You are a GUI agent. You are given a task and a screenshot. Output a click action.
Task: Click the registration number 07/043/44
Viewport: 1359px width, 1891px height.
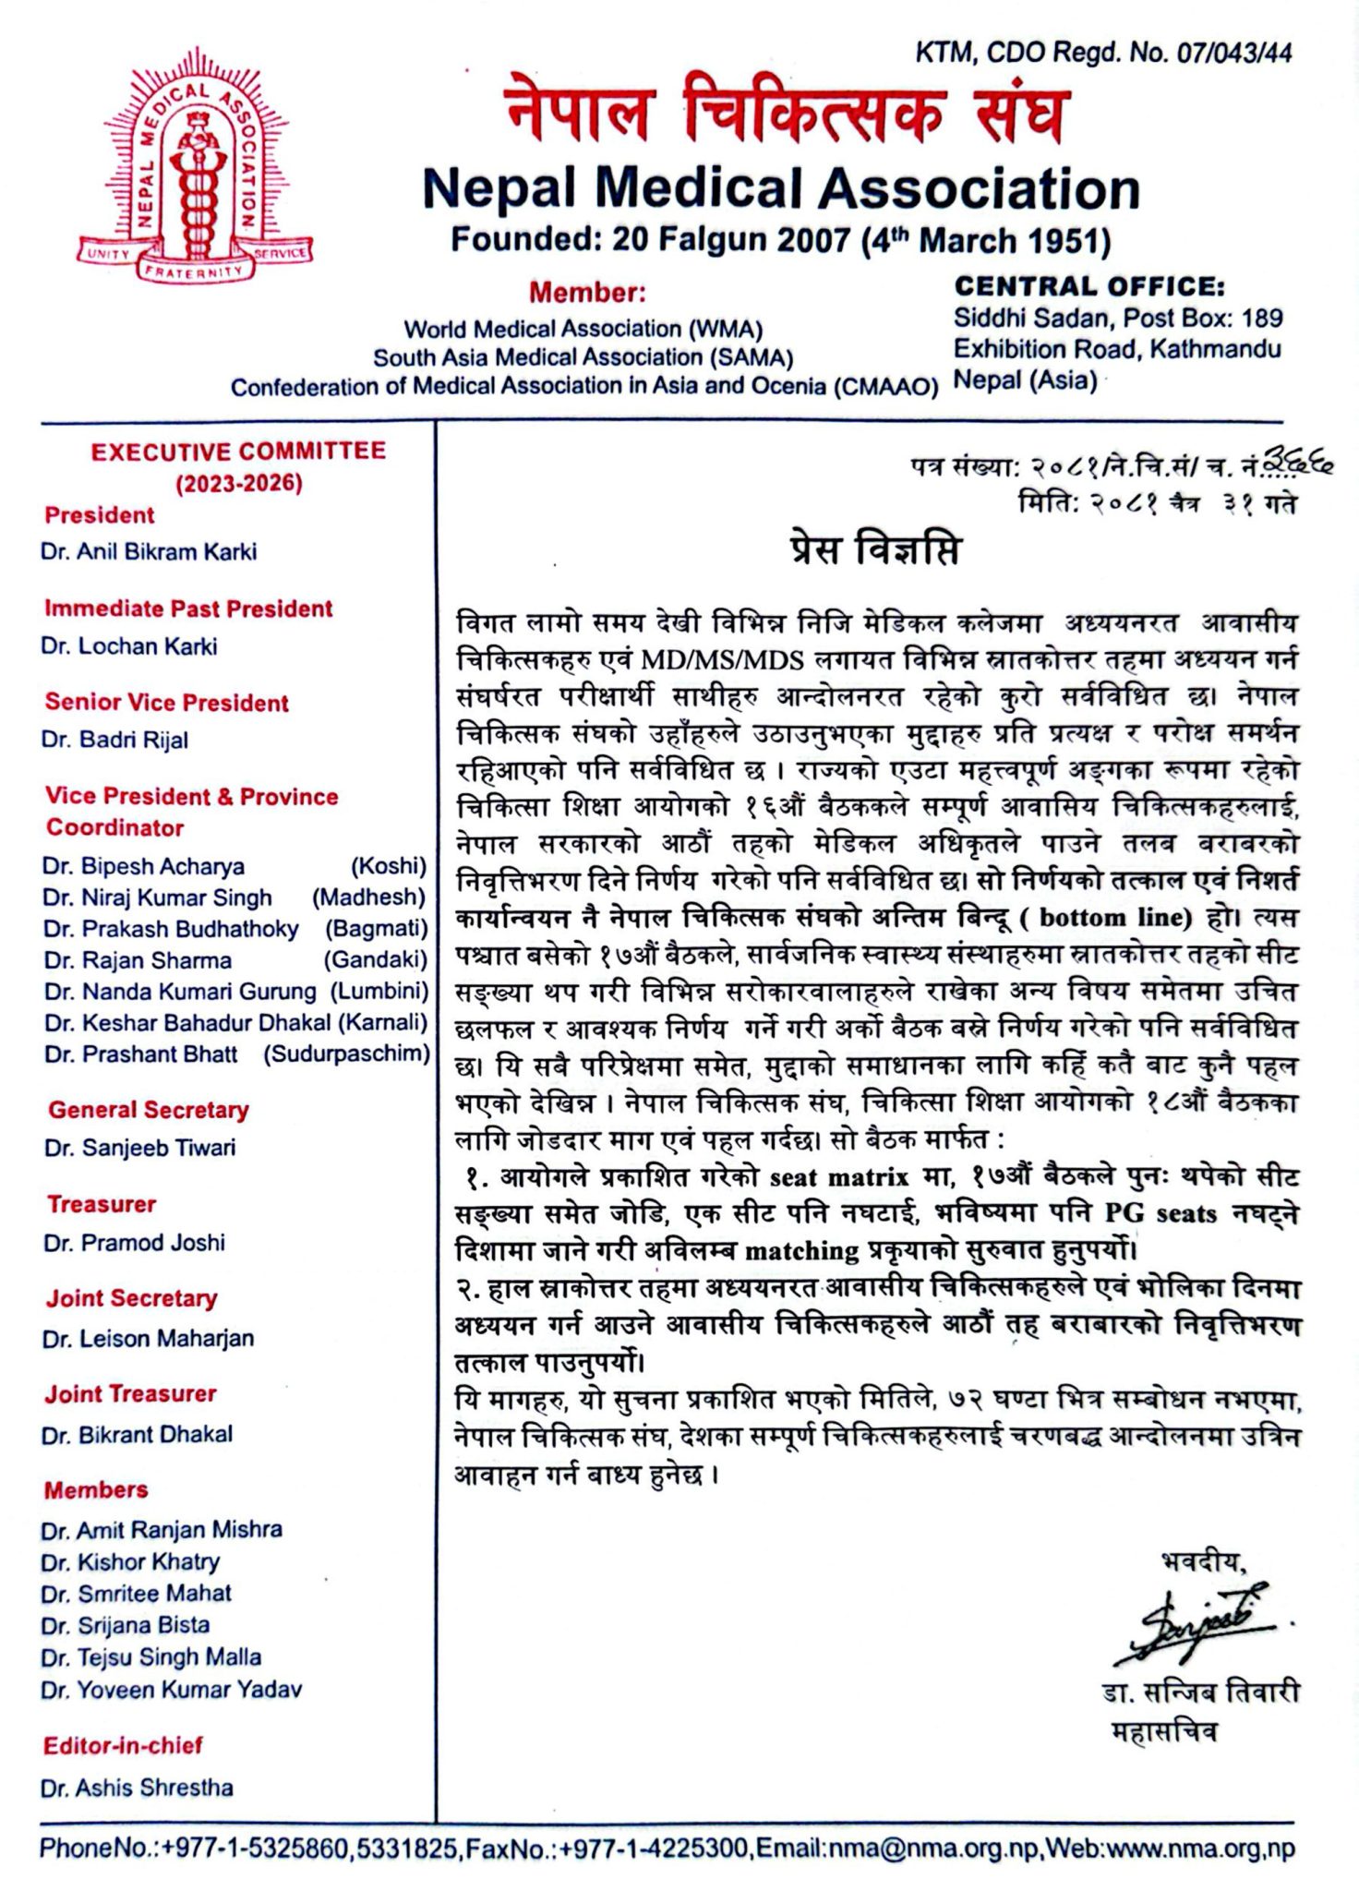(1233, 54)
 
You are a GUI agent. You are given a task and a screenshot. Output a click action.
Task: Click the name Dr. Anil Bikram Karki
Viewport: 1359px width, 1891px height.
(149, 552)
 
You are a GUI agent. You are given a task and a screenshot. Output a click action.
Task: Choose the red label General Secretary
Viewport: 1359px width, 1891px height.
(149, 1110)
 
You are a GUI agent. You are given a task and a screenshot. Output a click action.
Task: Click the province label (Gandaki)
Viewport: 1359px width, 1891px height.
(375, 960)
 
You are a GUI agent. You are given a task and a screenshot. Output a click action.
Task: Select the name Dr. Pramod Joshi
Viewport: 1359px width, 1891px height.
(135, 1243)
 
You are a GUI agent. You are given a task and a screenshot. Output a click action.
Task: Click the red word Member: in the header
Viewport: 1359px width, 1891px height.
(587, 294)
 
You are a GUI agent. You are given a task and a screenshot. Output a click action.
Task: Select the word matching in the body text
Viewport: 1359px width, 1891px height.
(801, 1251)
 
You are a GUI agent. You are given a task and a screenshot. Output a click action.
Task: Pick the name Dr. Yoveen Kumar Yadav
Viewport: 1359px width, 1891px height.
(172, 1690)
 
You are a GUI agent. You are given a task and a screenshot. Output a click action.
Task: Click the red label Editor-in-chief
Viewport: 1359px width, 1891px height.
(123, 1746)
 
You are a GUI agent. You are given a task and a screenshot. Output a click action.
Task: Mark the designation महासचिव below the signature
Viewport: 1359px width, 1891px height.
(1165, 1732)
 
